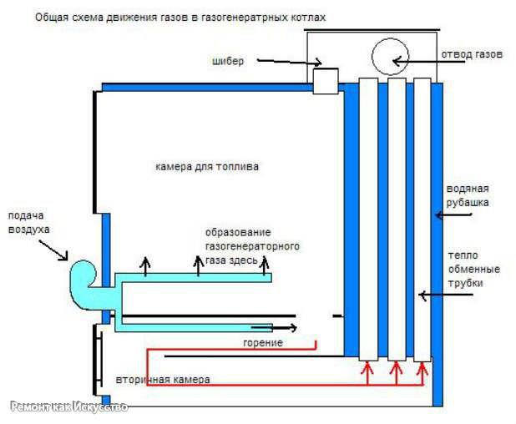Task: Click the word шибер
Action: click(x=228, y=61)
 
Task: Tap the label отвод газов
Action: click(x=472, y=54)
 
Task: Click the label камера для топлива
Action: click(x=207, y=166)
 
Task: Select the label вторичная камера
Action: click(x=163, y=379)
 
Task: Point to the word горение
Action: click(x=263, y=343)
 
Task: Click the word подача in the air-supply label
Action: click(x=26, y=216)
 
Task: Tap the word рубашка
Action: click(x=468, y=202)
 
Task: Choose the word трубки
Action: click(x=465, y=283)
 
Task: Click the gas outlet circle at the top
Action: click(x=390, y=56)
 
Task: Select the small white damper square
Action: click(x=326, y=81)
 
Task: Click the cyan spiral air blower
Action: click(x=83, y=280)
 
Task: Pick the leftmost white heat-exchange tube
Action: click(x=368, y=219)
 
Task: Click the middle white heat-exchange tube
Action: click(x=397, y=219)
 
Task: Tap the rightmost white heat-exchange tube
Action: click(x=422, y=220)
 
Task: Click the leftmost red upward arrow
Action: click(x=367, y=373)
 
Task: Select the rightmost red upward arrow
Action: click(x=422, y=373)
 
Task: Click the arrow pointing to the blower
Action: click(x=53, y=250)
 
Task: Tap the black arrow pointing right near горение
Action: click(x=274, y=327)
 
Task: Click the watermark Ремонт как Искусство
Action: click(x=69, y=407)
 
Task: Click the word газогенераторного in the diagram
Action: click(x=252, y=246)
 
